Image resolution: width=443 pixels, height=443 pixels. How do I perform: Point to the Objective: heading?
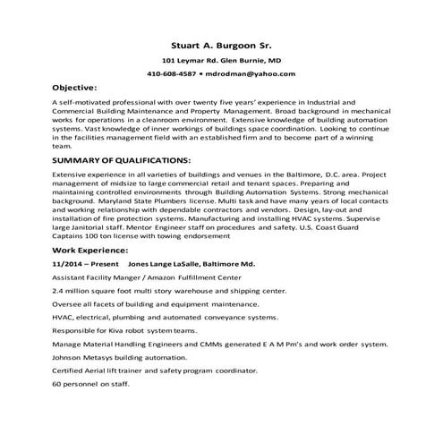coord(74,88)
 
